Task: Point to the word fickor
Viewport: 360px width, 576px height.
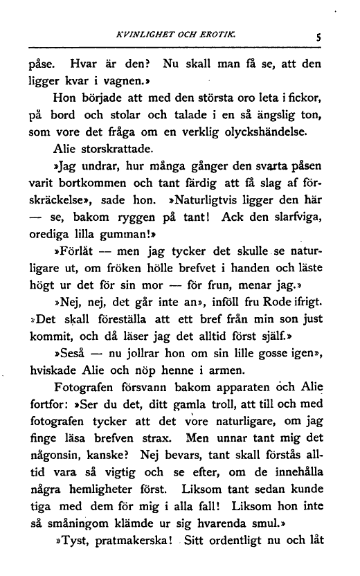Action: (307, 99)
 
